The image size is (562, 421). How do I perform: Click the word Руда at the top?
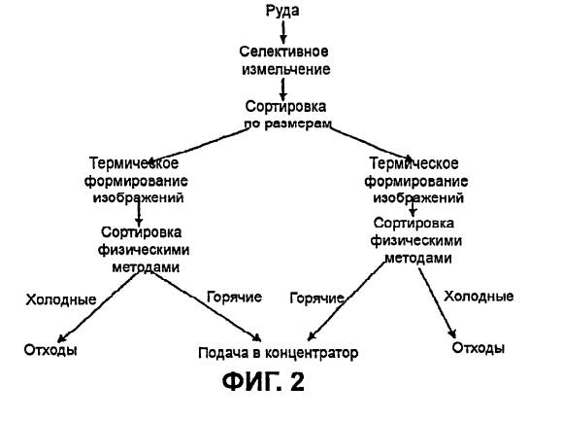[x=282, y=11]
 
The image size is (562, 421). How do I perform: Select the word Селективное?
[x=283, y=52]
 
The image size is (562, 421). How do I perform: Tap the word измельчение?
[x=285, y=69]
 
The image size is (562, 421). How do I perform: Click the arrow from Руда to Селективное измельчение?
[x=283, y=32]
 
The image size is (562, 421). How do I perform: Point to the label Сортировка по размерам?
[x=287, y=115]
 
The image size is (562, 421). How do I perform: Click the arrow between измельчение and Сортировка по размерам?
[x=283, y=89]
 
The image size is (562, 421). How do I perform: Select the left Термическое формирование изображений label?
[x=136, y=180]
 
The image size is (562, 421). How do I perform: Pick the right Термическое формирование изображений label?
[x=416, y=181]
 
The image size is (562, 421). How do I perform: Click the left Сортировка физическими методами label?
[x=144, y=250]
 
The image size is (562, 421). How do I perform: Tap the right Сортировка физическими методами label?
[x=415, y=240]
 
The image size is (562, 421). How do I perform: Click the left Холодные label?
[x=61, y=299]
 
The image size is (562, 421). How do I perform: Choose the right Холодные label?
[x=479, y=297]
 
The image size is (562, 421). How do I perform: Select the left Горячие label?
[x=234, y=298]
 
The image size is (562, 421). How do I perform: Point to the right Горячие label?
[x=316, y=298]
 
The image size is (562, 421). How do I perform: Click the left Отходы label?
[x=50, y=350]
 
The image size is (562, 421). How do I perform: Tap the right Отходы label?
[x=479, y=348]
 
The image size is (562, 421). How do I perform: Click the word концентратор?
[x=312, y=353]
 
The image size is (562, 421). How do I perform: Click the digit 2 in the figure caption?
[x=297, y=382]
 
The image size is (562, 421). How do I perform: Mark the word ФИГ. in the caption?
[x=252, y=382]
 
